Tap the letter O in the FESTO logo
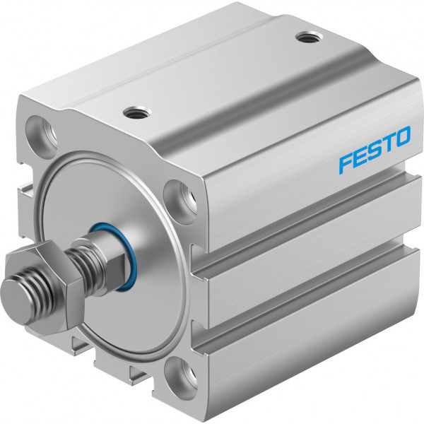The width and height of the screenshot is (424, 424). (401, 137)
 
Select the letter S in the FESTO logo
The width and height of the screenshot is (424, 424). (375, 150)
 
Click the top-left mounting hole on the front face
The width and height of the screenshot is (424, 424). (42, 133)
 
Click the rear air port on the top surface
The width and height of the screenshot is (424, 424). (307, 37)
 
